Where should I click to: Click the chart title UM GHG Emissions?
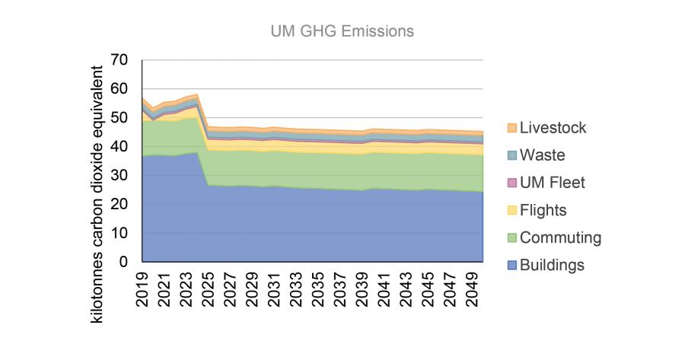(x=342, y=31)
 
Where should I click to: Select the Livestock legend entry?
(x=553, y=128)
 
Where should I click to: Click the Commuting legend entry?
(x=560, y=237)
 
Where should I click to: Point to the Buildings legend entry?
(x=552, y=265)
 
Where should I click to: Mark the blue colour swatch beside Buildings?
(x=511, y=266)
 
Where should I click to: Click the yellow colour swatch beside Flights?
(x=511, y=211)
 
